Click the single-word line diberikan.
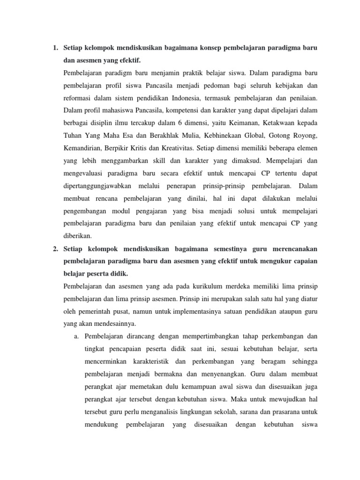(x=78, y=235)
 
